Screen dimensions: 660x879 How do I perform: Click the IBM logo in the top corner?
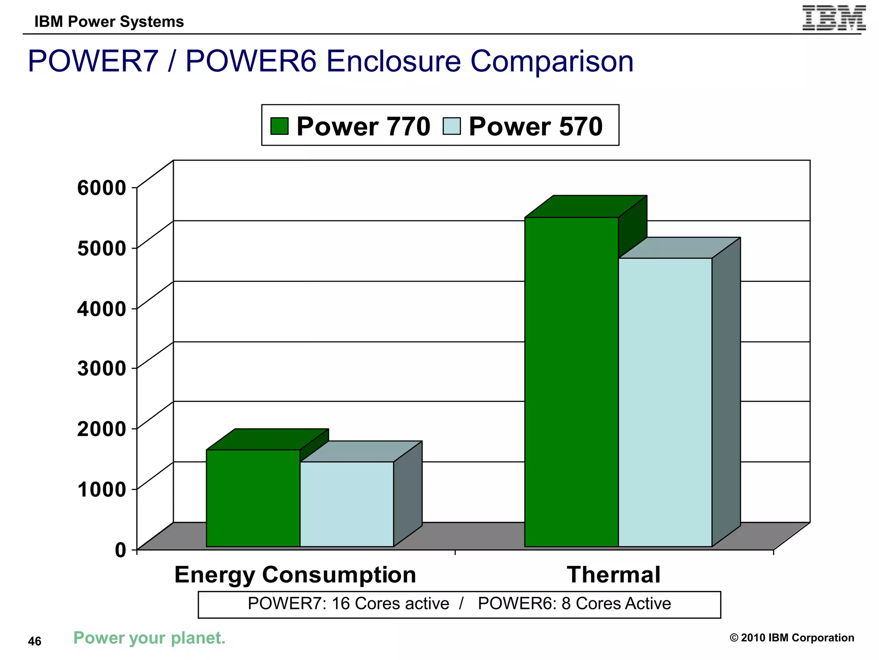click(834, 18)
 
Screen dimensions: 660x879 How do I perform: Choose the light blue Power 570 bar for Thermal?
click(665, 402)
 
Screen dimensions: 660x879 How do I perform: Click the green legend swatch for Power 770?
click(279, 126)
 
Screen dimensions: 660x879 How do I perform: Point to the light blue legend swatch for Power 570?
click(452, 126)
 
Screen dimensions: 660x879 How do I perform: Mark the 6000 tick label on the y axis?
click(102, 188)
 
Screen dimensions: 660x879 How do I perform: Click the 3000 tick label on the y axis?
click(102, 368)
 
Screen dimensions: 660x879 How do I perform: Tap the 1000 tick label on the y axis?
click(102, 489)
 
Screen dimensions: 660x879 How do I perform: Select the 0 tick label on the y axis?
click(121, 550)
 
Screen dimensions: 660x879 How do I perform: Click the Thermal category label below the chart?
click(613, 574)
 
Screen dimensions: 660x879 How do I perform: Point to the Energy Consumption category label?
click(295, 574)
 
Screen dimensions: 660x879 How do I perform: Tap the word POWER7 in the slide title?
click(93, 61)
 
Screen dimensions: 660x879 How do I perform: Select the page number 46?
click(35, 641)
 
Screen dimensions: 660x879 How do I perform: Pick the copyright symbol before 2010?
click(734, 638)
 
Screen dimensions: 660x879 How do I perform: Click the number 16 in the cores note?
click(341, 604)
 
